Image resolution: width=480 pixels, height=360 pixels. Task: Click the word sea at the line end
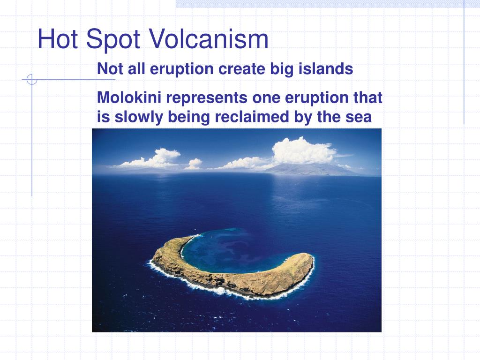[358, 117]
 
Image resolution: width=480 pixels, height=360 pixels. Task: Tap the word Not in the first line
[108, 69]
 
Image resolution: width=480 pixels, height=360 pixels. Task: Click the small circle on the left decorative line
[31, 80]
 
